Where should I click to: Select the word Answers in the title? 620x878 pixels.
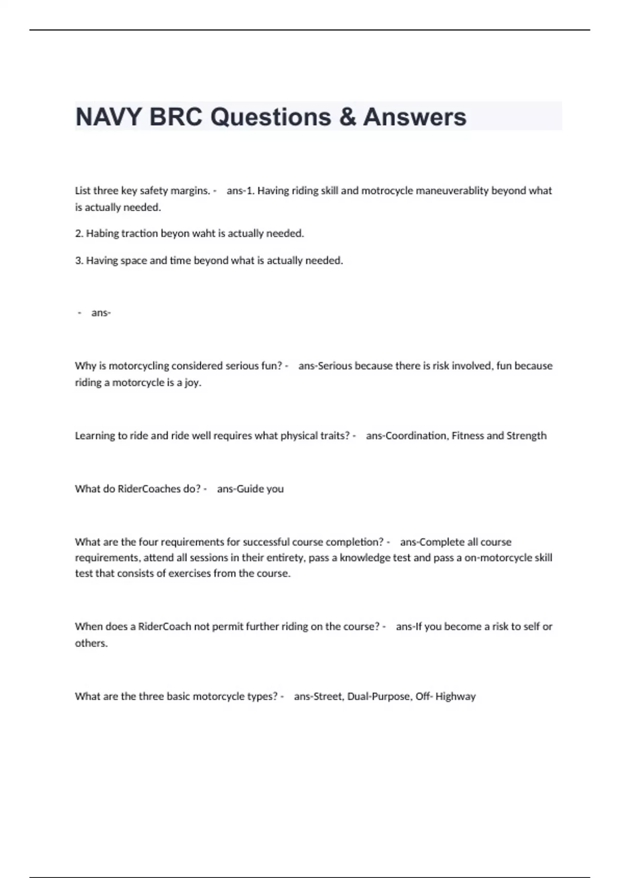click(414, 117)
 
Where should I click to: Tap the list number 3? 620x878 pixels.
click(79, 260)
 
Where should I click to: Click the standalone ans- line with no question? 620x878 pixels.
click(101, 312)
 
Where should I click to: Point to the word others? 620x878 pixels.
click(91, 643)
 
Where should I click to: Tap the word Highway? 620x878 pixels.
click(455, 696)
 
